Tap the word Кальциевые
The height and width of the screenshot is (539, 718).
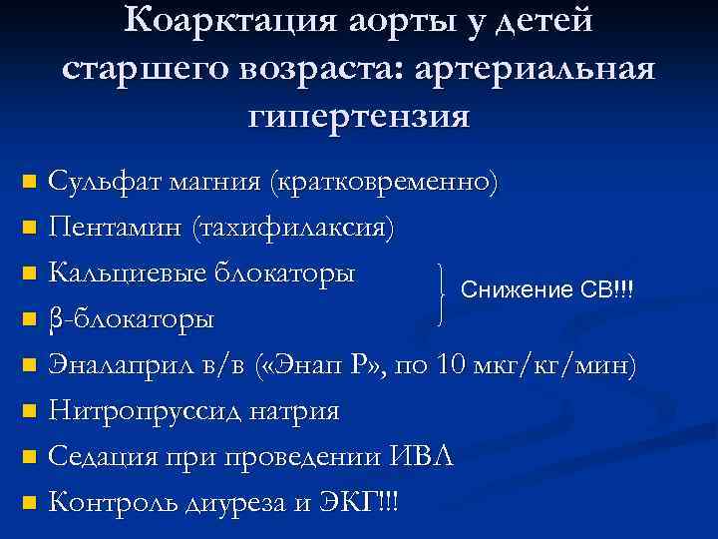tap(126, 272)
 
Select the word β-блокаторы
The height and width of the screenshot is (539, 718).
tap(131, 320)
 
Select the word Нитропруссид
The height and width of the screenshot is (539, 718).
tap(144, 410)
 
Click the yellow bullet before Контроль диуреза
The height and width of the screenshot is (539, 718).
tap(29, 503)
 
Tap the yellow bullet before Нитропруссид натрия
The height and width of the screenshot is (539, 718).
tap(29, 411)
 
